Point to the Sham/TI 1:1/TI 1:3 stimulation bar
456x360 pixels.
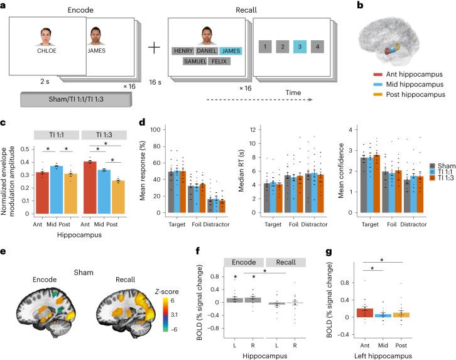[74, 99]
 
